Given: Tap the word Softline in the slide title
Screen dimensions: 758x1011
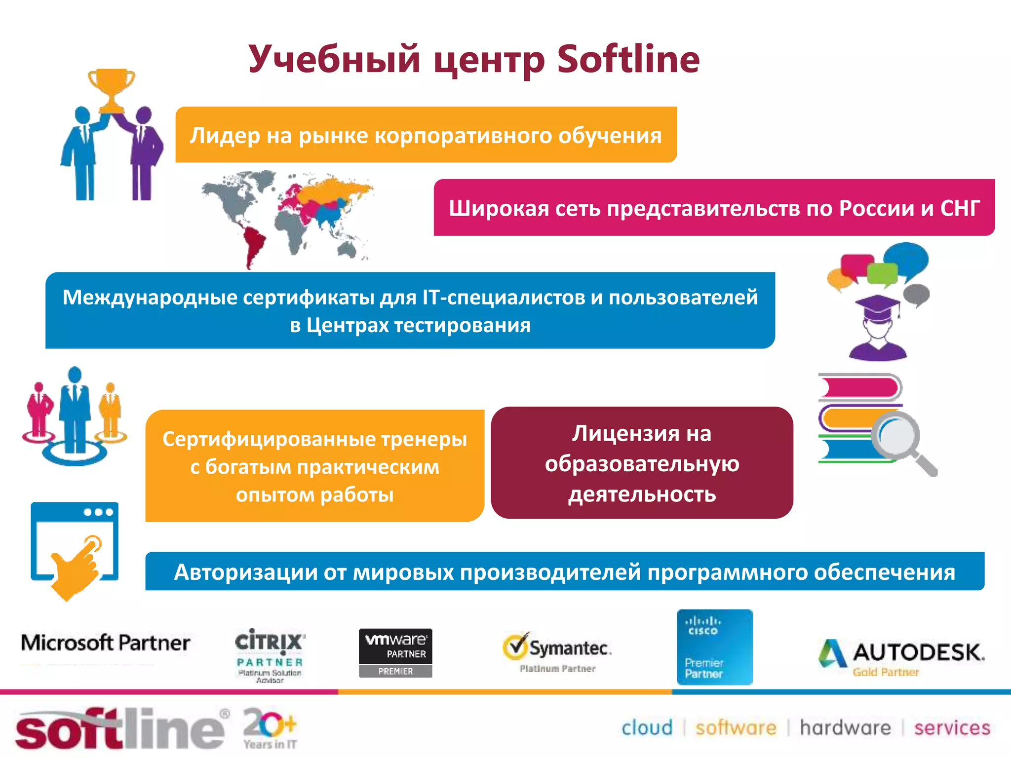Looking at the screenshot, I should click(628, 59).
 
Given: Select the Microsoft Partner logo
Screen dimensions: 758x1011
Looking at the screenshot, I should click(105, 643).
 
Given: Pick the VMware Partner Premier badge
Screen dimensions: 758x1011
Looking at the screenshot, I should click(395, 653).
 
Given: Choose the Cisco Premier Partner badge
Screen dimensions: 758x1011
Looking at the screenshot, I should click(715, 647).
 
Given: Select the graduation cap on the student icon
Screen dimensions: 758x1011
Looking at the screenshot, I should click(878, 306).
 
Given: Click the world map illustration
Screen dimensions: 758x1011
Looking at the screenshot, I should click(286, 217).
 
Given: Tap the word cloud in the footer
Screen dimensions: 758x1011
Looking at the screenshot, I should click(647, 728).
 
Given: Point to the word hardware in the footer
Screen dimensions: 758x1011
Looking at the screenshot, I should click(845, 728).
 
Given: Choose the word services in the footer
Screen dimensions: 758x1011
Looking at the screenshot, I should click(952, 728).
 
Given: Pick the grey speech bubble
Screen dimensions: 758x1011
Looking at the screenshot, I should click(916, 295).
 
